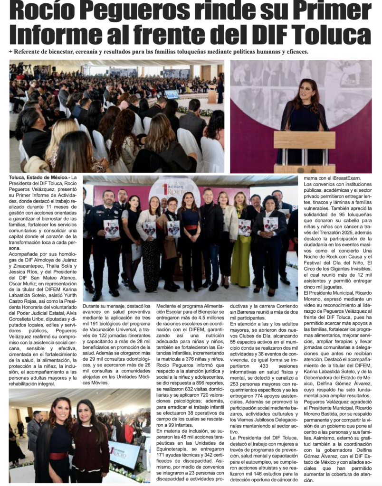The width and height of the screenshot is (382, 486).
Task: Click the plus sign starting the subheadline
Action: pyautogui.click(x=10, y=52)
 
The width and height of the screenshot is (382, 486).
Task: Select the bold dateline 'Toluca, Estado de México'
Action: pyautogui.click(x=38, y=178)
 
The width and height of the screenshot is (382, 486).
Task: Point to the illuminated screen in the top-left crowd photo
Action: pyautogui.click(x=172, y=93)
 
